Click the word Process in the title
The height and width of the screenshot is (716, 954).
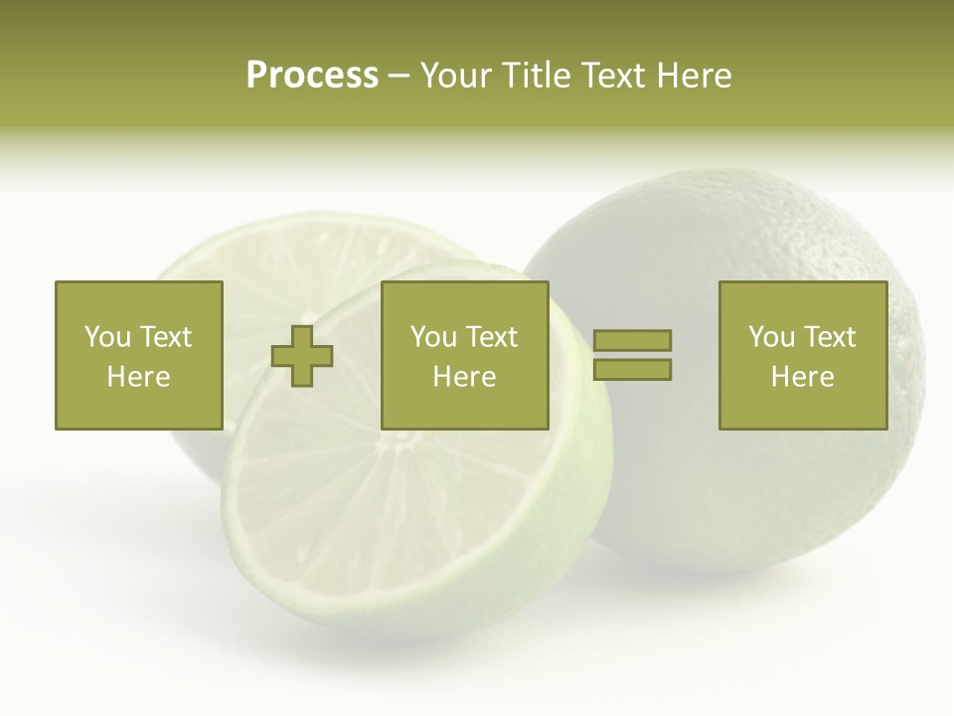[x=312, y=76]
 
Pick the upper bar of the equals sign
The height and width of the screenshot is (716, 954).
[x=632, y=340]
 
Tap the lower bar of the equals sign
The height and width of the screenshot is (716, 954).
[x=632, y=370]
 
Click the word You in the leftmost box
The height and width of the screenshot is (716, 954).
[x=107, y=337]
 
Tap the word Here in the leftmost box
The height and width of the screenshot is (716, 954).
[x=138, y=377]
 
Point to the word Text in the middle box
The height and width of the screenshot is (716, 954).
[x=492, y=337]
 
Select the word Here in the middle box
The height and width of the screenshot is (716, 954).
[x=464, y=377]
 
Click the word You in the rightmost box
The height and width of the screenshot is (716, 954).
[x=772, y=337]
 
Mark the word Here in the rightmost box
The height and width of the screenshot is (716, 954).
[x=802, y=377]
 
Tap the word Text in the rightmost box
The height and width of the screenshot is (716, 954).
[x=830, y=337]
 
